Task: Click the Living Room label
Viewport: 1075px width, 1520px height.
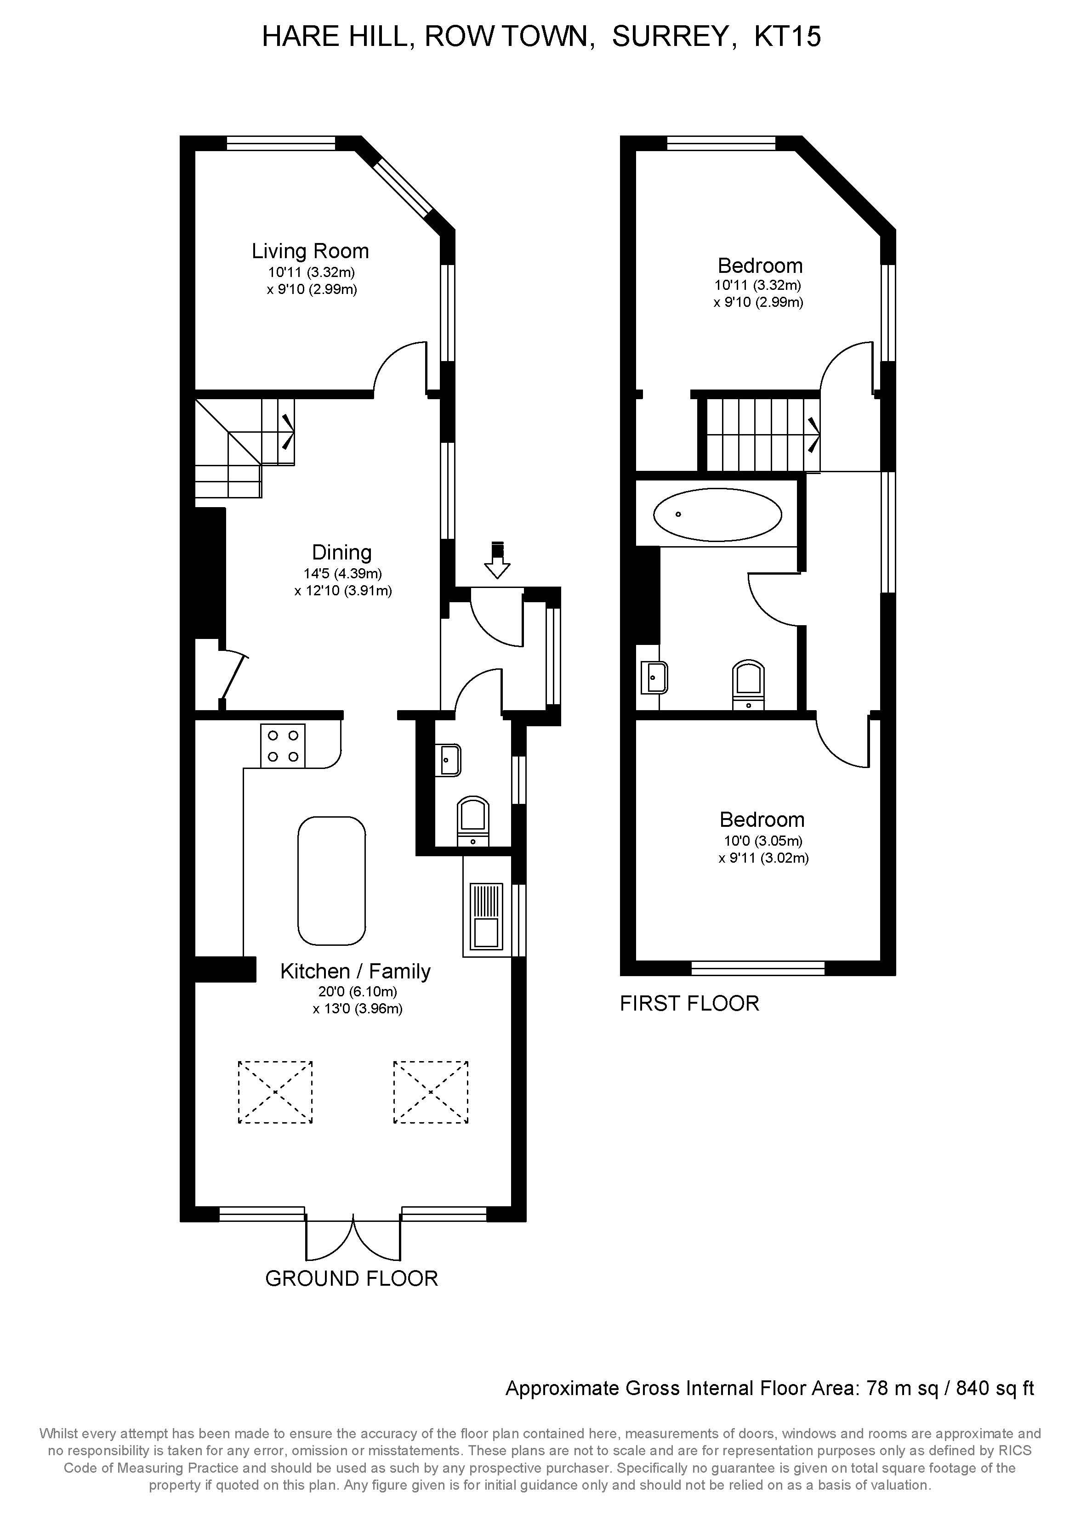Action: [x=310, y=252]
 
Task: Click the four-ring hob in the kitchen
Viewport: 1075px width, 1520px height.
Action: [x=283, y=746]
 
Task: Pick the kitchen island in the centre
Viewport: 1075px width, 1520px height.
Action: [x=331, y=881]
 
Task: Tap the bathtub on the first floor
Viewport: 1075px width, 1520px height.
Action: [x=717, y=514]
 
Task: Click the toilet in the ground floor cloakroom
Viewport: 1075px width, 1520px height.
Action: [x=473, y=820]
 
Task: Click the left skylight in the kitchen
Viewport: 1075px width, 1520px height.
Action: [x=275, y=1092]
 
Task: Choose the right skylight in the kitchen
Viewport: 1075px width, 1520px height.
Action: [x=431, y=1092]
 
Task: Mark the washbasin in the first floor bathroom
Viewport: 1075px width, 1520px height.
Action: [x=654, y=677]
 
